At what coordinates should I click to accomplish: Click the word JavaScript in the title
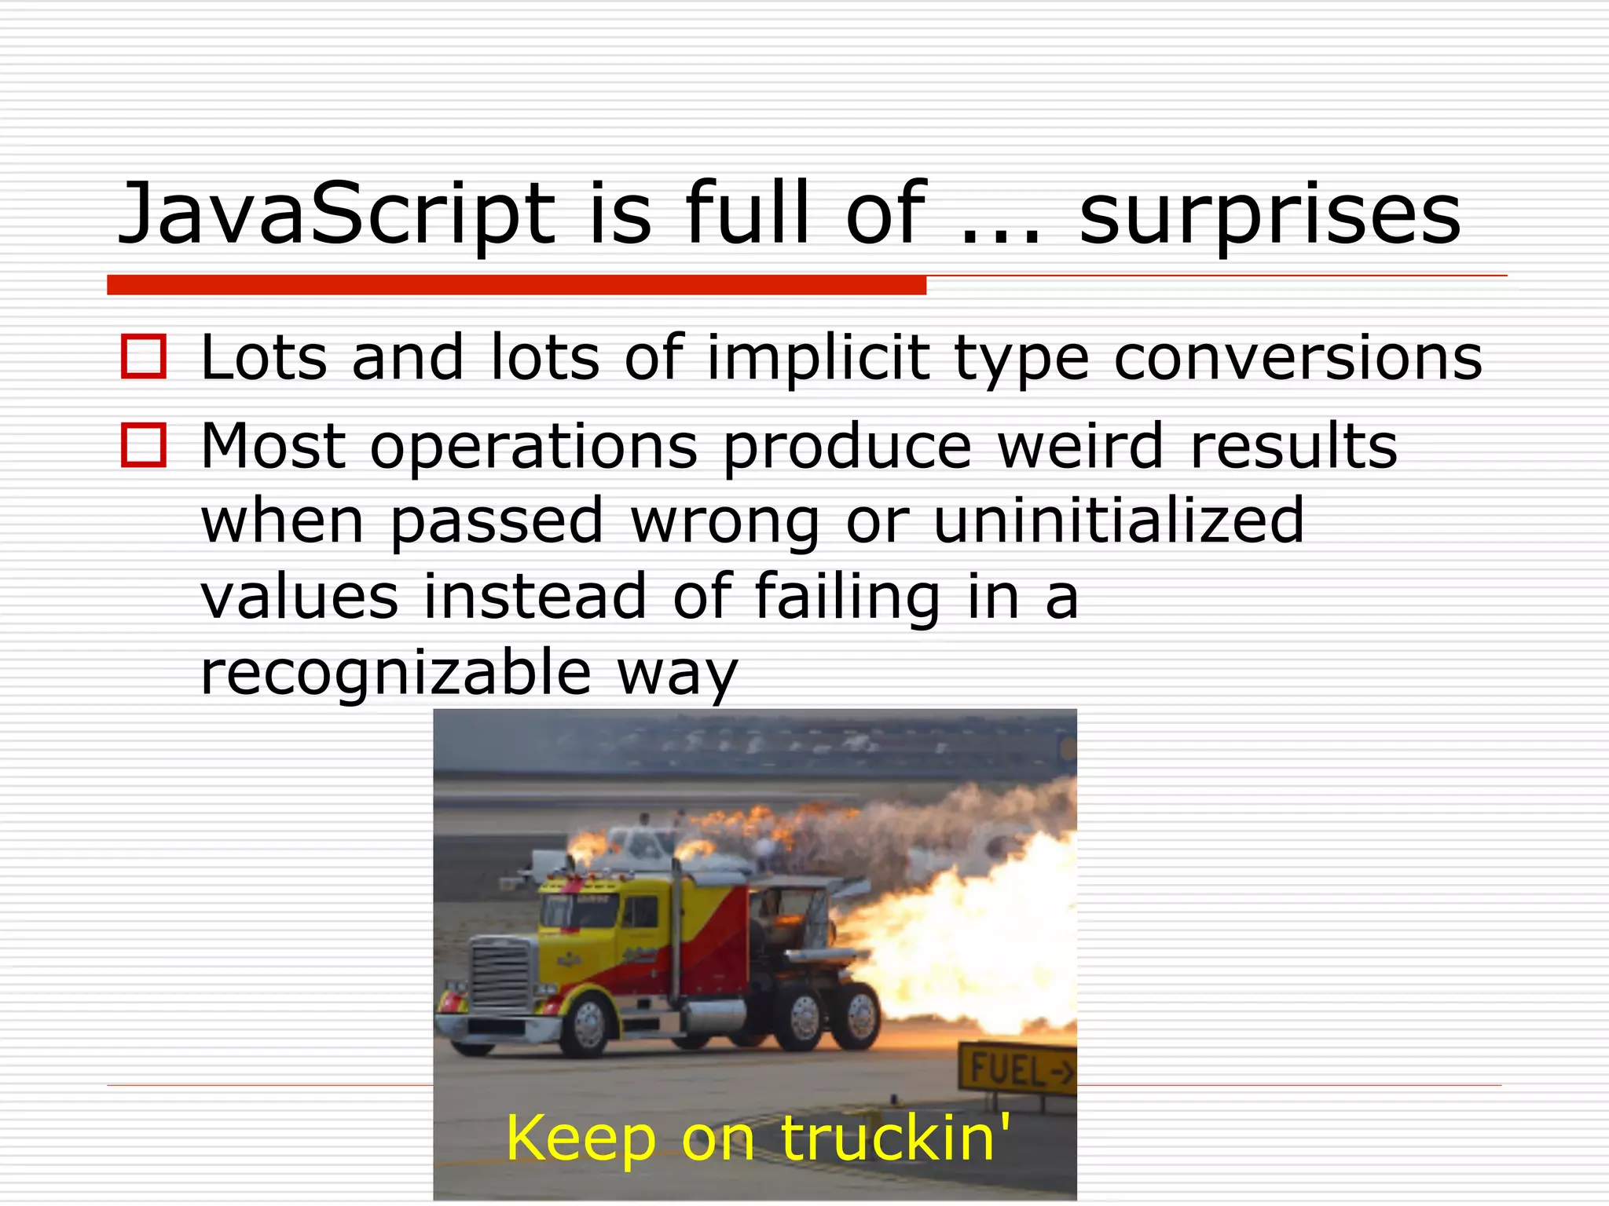coord(336,214)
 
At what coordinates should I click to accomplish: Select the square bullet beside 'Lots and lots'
coord(144,357)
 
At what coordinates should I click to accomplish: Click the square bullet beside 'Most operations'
coord(144,445)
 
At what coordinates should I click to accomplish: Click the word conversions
coord(1297,359)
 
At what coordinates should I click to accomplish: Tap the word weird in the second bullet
coord(1079,445)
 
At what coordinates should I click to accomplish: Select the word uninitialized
coord(1119,520)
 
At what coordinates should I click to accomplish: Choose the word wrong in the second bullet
coord(725,521)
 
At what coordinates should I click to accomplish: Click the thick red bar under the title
coord(516,285)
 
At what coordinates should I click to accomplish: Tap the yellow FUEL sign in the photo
coord(1017,1069)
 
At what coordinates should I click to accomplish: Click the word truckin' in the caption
coord(896,1138)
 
